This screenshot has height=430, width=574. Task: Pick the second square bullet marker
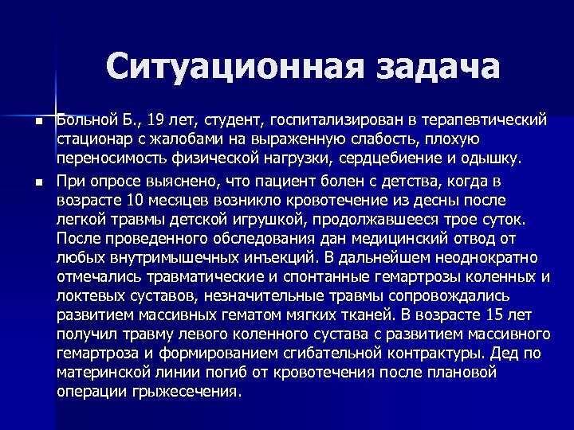37,182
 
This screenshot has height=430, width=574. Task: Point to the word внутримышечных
162,258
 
